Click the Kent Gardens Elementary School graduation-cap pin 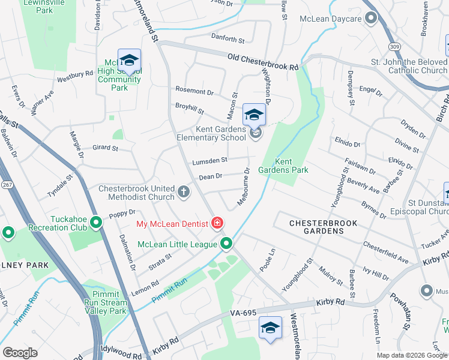[254, 115]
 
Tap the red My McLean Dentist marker [217, 224]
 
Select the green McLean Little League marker [226, 244]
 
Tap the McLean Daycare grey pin [371, 19]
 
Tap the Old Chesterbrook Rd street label [262, 61]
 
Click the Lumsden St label [209, 160]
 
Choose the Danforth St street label [228, 40]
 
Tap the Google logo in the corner [20, 352]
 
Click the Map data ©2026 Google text [412, 355]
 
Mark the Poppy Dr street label [122, 214]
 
